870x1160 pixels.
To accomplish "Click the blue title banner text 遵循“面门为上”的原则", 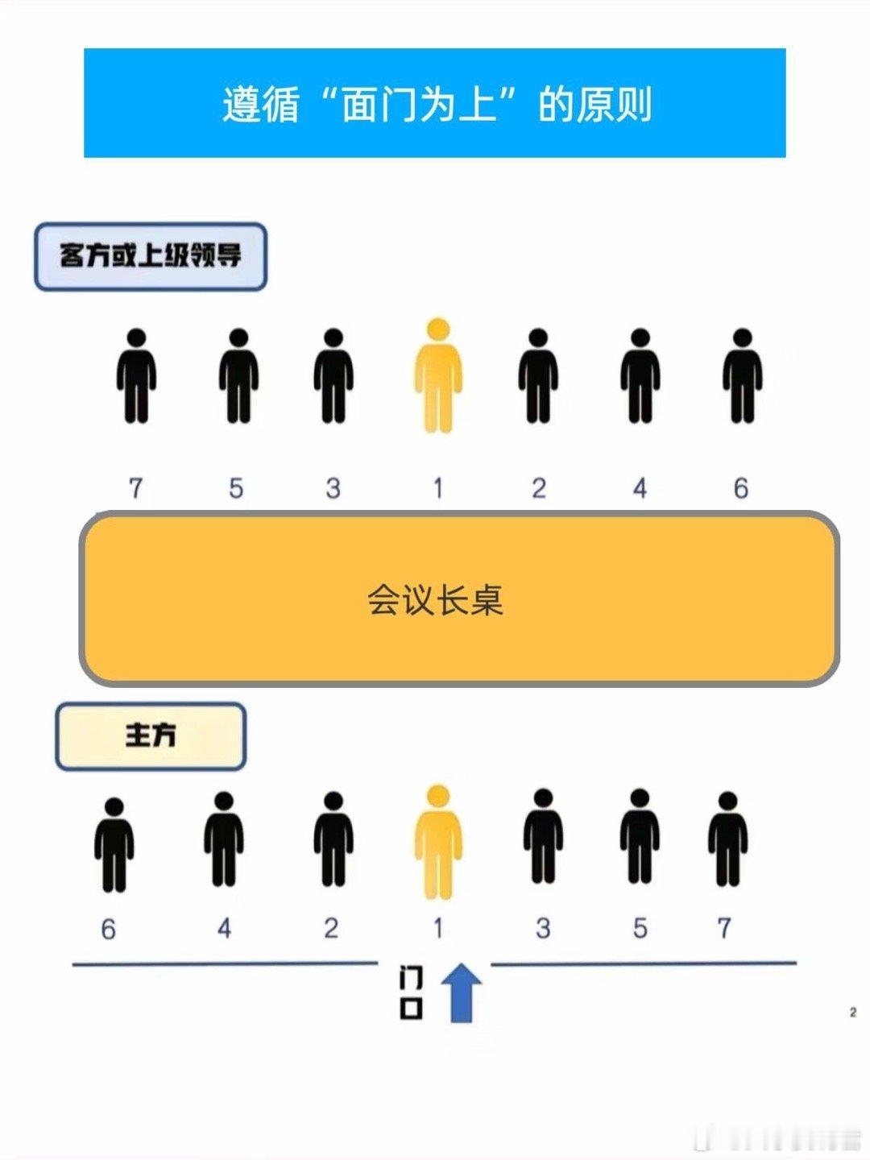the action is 435,105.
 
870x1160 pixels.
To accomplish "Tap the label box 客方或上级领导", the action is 150,256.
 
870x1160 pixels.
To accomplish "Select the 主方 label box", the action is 150,735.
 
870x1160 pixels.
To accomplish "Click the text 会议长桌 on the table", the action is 435,600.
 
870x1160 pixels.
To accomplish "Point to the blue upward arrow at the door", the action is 461,992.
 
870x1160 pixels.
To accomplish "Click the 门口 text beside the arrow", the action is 412,993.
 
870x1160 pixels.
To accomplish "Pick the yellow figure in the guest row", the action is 437,375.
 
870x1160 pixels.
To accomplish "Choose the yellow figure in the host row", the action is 437,842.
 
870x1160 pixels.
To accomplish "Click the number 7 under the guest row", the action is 135,488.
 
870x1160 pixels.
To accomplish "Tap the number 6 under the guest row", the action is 740,488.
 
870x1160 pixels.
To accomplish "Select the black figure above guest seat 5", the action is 238,376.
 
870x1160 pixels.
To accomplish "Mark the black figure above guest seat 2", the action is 538,376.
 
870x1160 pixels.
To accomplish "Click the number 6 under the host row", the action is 108,930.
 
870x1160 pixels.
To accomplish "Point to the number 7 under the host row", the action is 724,928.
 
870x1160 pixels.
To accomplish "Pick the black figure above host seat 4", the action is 223,839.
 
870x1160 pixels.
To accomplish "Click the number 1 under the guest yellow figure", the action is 437,488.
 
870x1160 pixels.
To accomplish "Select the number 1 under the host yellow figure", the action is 437,929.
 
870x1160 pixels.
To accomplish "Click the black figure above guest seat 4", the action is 640,376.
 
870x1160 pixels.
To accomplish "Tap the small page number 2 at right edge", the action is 852,1013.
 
